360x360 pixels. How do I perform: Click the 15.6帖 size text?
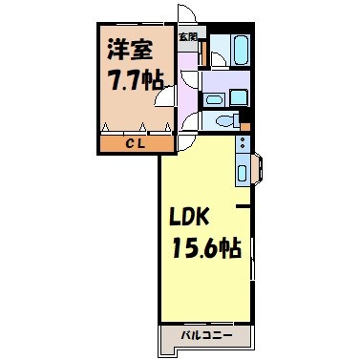coord(204,248)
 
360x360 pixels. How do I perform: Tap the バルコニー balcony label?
coord(208,336)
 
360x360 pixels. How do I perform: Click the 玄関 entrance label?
coord(188,37)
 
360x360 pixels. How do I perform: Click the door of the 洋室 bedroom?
coord(168,95)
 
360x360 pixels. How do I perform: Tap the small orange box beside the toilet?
coord(245,126)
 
